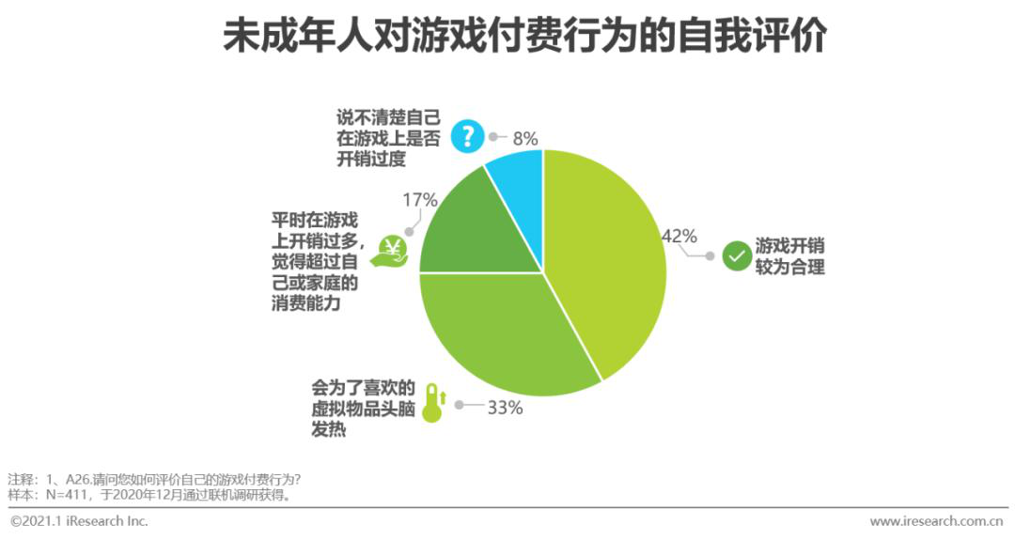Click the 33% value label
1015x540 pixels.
point(505,408)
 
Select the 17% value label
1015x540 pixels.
point(419,200)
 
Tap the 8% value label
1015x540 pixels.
point(524,138)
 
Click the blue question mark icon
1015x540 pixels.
point(467,135)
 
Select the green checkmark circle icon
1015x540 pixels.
point(737,256)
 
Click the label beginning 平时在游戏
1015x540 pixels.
point(314,262)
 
